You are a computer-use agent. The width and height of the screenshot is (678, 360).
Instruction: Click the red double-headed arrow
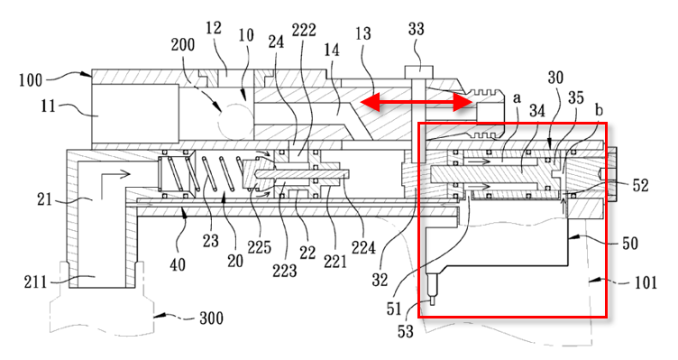tap(417, 103)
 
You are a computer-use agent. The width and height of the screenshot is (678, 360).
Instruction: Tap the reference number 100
tap(31, 80)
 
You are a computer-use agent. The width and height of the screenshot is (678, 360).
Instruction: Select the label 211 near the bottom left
tap(35, 282)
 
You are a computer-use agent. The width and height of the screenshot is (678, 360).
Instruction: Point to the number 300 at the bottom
tap(212, 318)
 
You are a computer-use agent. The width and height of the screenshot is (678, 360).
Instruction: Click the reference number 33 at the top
tap(417, 29)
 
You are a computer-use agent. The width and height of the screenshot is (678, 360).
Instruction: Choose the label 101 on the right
tap(646, 282)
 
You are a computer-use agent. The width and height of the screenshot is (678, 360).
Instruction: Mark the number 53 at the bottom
tap(406, 331)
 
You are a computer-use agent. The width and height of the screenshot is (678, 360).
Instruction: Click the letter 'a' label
tap(517, 98)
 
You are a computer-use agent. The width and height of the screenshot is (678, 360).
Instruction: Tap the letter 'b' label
tap(599, 110)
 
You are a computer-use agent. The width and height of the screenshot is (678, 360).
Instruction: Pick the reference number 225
tap(259, 247)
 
